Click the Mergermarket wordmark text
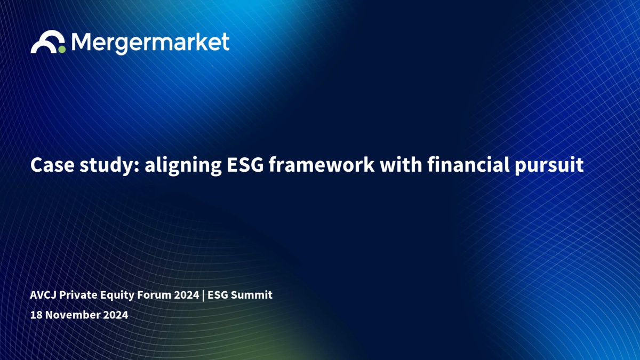point(150,43)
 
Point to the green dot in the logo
point(62,50)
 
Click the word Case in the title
point(52,165)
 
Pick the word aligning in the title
point(183,166)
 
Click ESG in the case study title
point(245,165)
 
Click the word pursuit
point(549,166)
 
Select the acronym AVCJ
point(43,295)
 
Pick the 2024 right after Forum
point(187,295)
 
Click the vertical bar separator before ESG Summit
point(203,295)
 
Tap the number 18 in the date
point(36,315)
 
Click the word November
point(73,315)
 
